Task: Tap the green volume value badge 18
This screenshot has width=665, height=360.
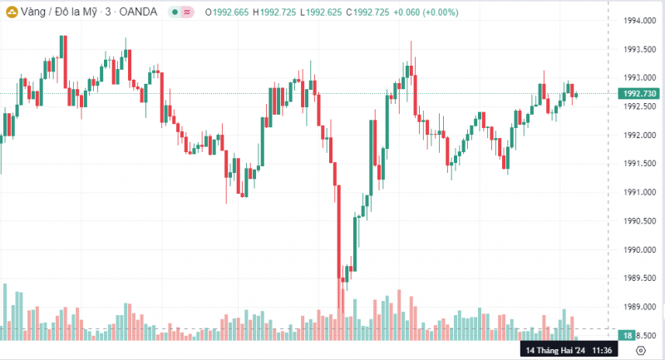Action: pos(629,335)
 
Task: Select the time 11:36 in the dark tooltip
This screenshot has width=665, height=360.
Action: pos(603,351)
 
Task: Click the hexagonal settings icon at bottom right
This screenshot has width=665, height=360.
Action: pos(652,351)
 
